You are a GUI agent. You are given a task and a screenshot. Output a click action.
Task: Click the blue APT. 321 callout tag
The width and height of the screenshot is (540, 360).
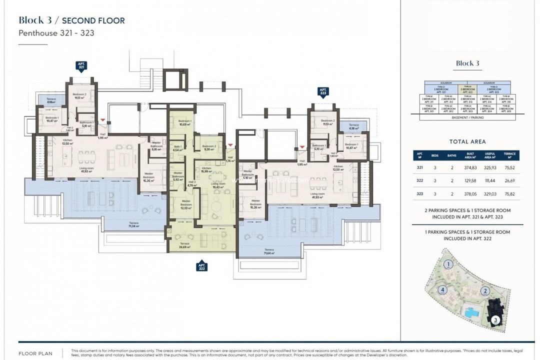81,65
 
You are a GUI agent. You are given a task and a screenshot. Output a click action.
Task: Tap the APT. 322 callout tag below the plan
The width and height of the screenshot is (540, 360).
201,265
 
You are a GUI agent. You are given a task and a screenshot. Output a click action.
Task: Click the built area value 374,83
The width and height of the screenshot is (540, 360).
470,167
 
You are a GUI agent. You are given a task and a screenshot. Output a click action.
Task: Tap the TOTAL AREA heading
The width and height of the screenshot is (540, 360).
467,141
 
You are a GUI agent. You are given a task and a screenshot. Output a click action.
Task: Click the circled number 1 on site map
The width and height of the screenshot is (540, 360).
449,264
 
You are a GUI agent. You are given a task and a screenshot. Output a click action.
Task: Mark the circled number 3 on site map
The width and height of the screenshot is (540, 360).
494,319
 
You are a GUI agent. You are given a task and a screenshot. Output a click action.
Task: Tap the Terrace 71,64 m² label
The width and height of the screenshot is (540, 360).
269,251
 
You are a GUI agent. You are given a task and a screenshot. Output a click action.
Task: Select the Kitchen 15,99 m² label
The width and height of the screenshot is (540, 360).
207,170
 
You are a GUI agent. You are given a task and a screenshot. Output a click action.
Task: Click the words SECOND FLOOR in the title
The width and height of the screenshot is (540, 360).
93,20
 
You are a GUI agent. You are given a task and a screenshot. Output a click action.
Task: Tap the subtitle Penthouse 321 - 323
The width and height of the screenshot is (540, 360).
56,33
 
